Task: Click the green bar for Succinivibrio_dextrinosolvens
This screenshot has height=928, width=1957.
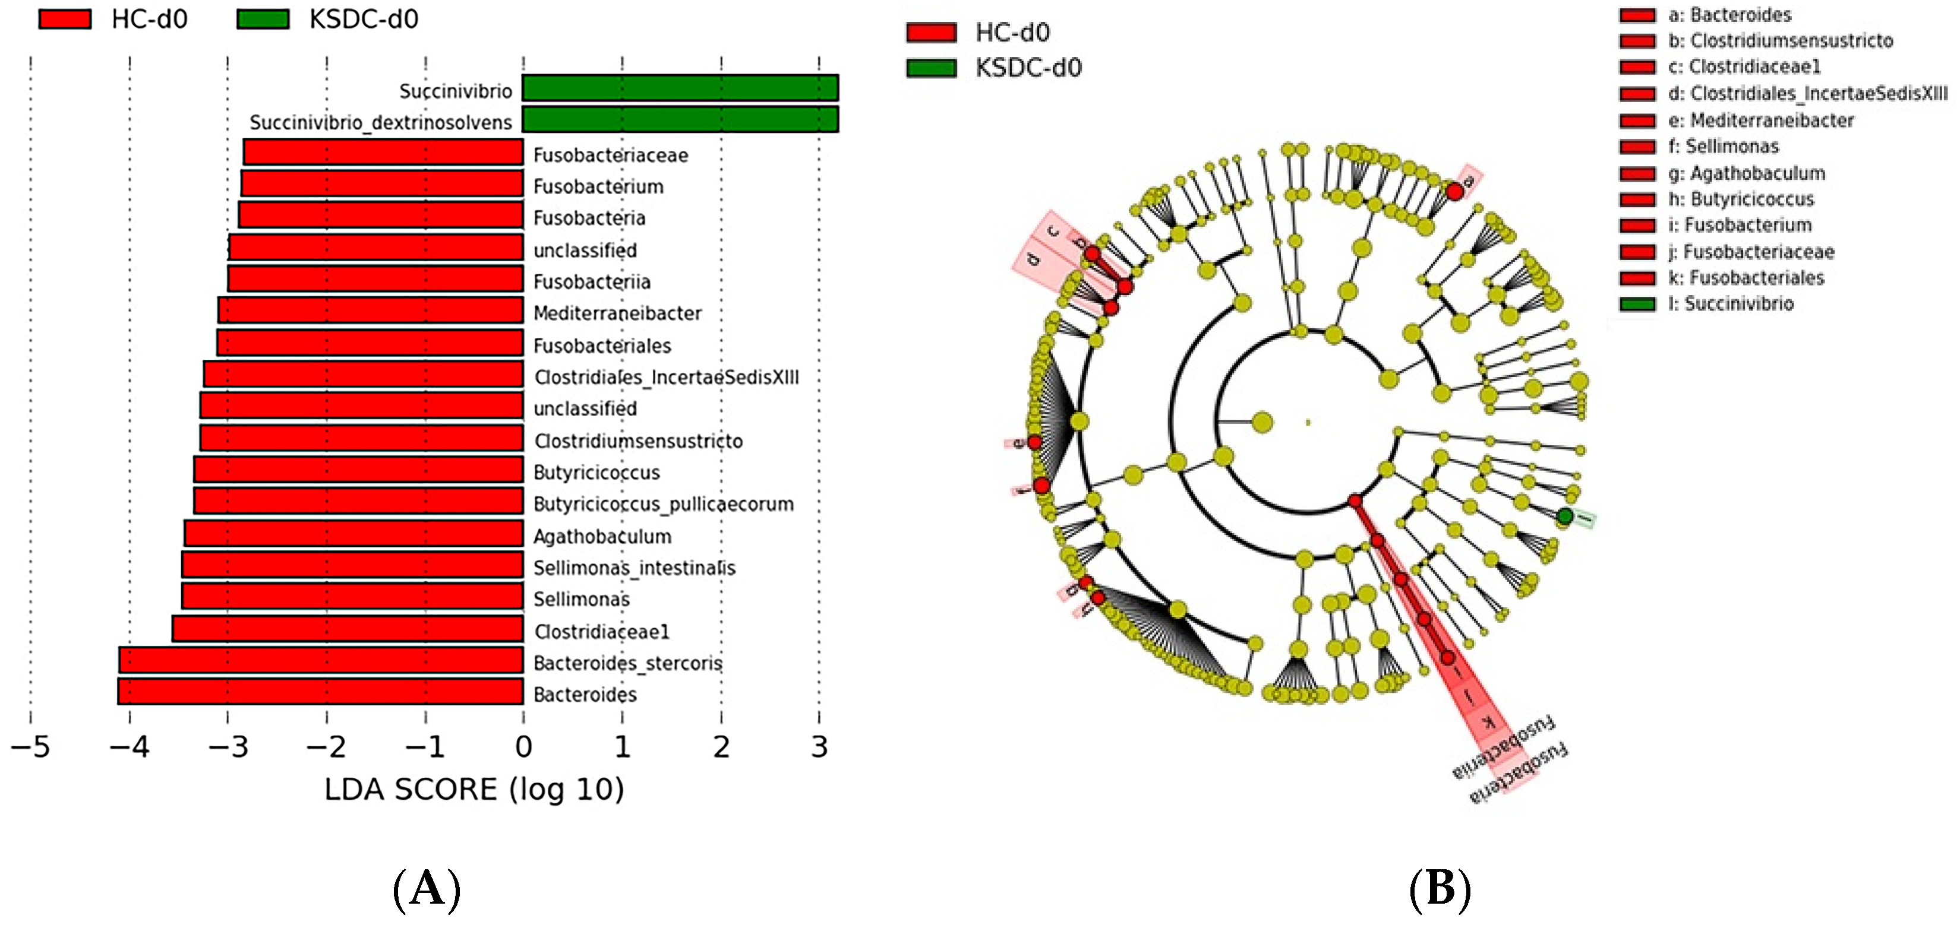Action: click(x=680, y=120)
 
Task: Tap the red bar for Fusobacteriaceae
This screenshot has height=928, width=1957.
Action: click(x=383, y=152)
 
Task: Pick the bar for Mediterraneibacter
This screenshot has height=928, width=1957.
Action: click(x=371, y=311)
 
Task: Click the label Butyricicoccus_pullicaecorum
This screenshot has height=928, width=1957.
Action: click(x=663, y=504)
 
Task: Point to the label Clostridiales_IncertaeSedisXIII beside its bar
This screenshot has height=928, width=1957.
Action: click(x=666, y=378)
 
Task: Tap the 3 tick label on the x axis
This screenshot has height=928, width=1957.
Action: click(x=819, y=748)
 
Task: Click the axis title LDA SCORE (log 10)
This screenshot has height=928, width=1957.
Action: click(x=474, y=790)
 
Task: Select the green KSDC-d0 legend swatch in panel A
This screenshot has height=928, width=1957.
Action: click(x=263, y=19)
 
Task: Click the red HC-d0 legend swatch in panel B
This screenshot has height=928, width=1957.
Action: click(x=932, y=33)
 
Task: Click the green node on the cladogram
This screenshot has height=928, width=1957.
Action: click(x=1564, y=517)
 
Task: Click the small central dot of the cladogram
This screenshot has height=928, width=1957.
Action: click(x=1308, y=422)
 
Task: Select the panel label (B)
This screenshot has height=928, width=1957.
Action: click(x=1440, y=888)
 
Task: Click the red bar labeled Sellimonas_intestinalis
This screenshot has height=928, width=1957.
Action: click(x=352, y=565)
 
